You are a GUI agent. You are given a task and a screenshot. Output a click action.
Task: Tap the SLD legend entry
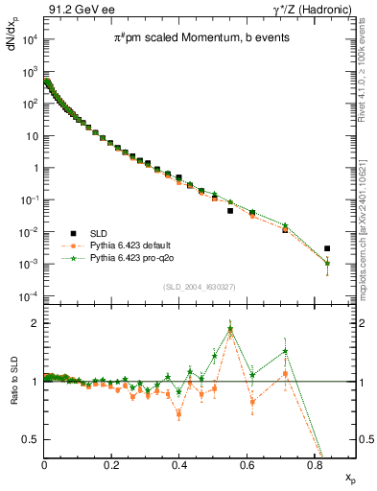(x=99, y=233)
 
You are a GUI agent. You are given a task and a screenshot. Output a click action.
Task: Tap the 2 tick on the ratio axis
(x=35, y=323)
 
